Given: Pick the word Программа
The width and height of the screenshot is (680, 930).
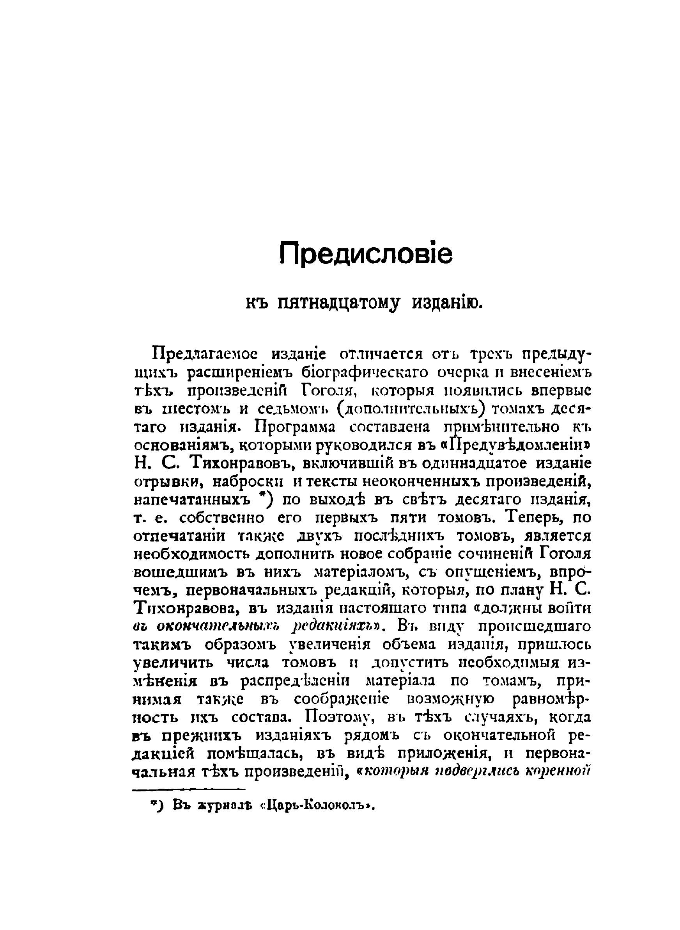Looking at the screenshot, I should (296, 426).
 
